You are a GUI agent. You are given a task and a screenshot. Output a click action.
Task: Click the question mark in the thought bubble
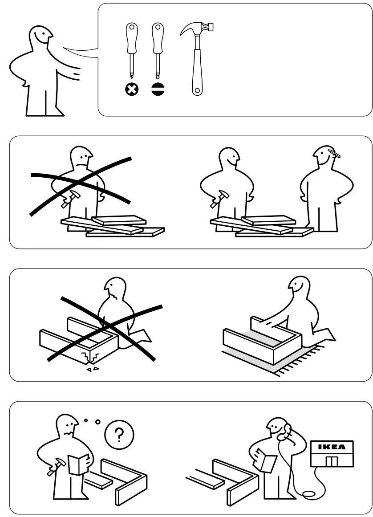[118, 434]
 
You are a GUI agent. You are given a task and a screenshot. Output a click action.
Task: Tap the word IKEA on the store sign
[332, 447]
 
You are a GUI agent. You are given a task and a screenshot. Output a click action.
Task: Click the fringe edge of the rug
[307, 356]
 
